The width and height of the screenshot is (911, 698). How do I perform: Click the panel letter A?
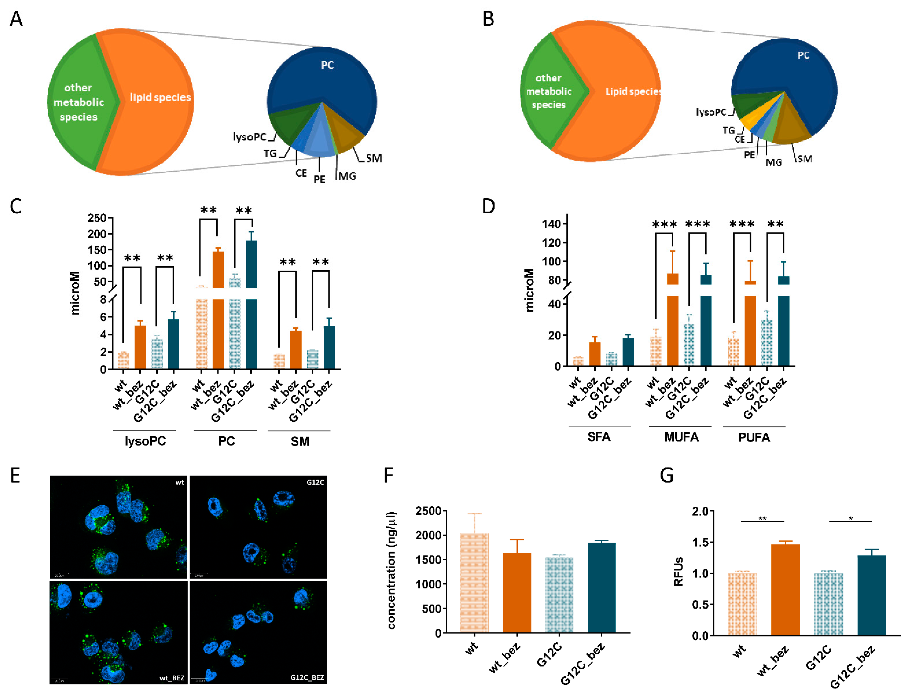(x=16, y=19)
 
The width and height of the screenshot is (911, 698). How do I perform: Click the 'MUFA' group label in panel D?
(x=681, y=437)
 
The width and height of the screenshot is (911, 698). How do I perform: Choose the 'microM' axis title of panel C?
(x=75, y=293)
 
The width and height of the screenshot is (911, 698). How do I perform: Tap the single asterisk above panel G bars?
(x=850, y=519)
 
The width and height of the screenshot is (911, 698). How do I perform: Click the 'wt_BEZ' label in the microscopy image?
(x=172, y=678)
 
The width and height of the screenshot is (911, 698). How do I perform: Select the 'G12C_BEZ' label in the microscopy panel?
(x=307, y=677)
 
